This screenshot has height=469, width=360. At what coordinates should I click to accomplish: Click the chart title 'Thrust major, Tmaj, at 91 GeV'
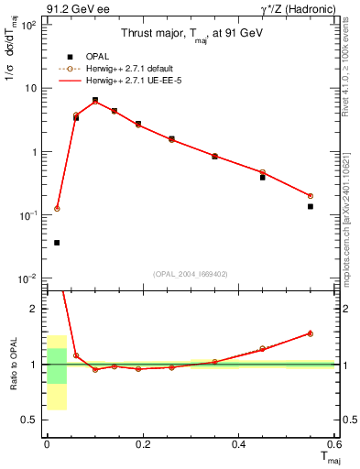(191, 34)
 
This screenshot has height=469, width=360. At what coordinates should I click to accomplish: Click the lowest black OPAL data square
(57, 243)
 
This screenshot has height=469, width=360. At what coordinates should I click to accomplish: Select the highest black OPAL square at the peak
(94, 100)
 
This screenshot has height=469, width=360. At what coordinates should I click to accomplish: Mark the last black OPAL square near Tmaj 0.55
(311, 206)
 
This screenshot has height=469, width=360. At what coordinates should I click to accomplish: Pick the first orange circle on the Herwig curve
(57, 209)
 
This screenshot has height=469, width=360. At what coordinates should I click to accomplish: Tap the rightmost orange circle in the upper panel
(311, 196)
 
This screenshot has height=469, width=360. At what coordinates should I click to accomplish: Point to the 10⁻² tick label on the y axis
(28, 278)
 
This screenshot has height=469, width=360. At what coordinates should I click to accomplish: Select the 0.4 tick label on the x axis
(238, 443)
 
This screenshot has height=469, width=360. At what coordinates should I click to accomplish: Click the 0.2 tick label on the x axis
(142, 443)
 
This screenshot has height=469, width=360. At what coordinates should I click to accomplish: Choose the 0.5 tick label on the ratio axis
(30, 420)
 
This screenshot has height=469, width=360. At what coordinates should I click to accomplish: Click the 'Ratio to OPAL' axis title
(13, 364)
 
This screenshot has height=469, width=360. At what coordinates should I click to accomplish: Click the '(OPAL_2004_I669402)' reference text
(191, 273)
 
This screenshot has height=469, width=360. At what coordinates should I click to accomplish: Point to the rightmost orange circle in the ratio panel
(311, 333)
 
